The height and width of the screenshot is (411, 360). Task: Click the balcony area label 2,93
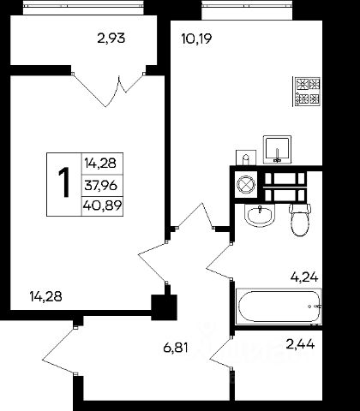coord(111,38)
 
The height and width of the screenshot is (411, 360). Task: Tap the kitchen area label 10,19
coord(196,39)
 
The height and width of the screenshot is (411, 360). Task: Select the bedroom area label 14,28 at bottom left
coord(45,296)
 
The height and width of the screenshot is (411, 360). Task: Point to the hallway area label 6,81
coord(176,348)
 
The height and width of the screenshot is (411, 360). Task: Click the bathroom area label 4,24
coord(304,277)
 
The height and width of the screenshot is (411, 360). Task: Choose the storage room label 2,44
coord(300,344)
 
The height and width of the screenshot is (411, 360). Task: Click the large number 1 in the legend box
coord(64,182)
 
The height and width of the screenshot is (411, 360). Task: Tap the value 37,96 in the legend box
coord(101,186)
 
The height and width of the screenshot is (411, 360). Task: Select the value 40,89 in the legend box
coord(103,205)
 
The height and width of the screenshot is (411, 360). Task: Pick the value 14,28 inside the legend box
coord(100,164)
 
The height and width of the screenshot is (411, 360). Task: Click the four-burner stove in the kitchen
coord(307,92)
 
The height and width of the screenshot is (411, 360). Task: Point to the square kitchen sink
coord(277,150)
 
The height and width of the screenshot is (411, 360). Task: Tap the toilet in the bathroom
coord(299,219)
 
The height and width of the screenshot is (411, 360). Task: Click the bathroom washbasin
coord(260,216)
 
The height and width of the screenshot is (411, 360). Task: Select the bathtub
coord(279,307)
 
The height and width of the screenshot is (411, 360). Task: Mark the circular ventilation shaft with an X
coord(246,185)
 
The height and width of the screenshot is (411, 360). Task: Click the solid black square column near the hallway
coord(164,307)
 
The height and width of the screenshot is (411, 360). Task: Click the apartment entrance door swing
coord(59,350)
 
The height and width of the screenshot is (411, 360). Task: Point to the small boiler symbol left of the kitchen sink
coord(245,158)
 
